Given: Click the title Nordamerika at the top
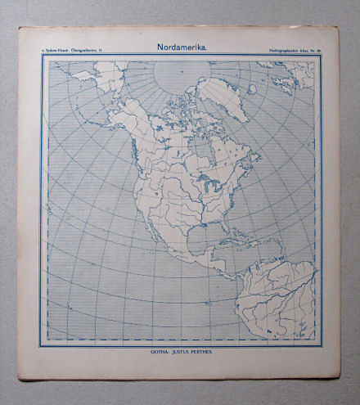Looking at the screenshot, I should click(182, 47).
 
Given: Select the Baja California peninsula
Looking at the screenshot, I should click(142, 237).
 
